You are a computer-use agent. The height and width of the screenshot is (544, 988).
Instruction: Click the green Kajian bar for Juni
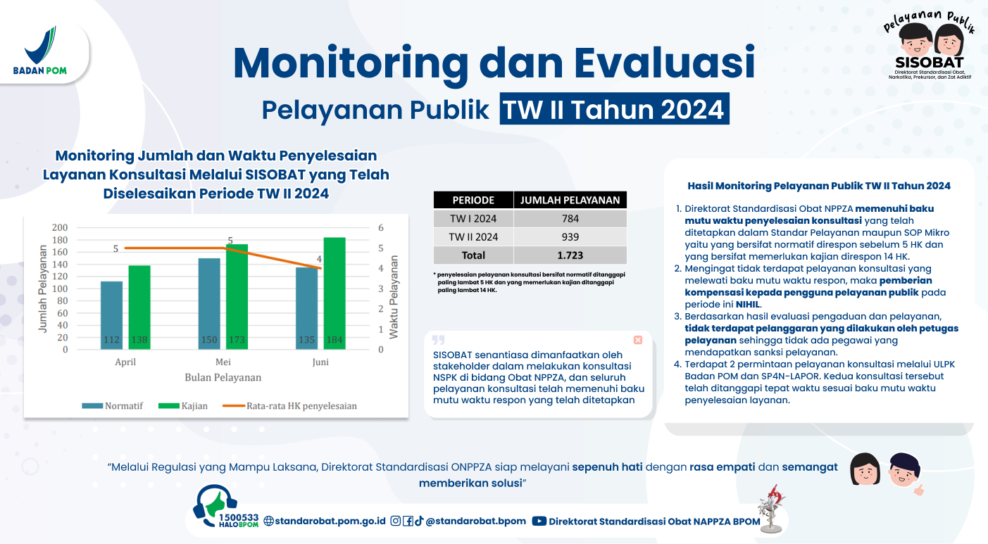(334, 293)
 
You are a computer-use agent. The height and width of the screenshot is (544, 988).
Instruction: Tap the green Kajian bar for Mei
(237, 296)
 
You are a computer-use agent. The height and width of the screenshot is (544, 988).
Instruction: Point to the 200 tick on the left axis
(60, 227)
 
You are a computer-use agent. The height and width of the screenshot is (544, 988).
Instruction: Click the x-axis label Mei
(223, 362)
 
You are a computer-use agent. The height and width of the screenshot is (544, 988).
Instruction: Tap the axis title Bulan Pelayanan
(223, 377)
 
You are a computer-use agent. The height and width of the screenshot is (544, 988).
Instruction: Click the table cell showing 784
(570, 218)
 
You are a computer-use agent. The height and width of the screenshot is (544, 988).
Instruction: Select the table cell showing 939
(570, 236)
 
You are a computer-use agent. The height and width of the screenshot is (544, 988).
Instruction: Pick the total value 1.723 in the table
(570, 255)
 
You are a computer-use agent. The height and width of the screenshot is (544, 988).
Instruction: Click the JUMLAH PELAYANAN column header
(570, 200)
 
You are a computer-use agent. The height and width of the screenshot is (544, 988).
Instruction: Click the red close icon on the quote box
(638, 340)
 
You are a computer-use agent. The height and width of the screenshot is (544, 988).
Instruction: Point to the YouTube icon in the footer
(539, 521)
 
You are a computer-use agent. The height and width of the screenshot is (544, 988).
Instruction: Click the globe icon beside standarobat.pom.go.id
(268, 521)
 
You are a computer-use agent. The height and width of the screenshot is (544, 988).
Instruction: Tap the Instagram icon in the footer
(396, 521)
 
